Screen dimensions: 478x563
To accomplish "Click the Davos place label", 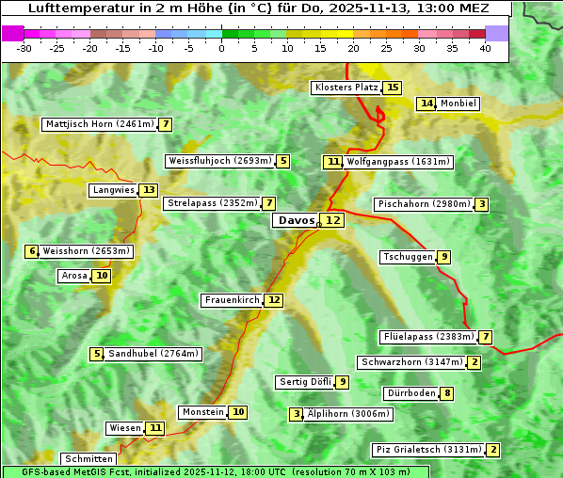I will tap(296, 220).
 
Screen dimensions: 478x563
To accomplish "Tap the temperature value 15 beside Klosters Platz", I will tap(393, 88).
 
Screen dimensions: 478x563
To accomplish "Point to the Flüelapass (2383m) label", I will tap(426, 337).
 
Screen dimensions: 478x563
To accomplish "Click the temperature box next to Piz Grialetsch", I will tap(493, 450).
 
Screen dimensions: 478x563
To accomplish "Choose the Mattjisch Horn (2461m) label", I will tap(99, 124).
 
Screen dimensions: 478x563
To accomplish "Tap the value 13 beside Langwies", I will tap(150, 190).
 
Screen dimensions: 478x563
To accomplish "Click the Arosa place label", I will tap(73, 276).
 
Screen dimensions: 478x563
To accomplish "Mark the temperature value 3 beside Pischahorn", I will tap(482, 204).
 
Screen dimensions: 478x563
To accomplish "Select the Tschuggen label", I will tap(408, 257).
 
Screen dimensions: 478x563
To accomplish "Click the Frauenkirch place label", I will tap(231, 300).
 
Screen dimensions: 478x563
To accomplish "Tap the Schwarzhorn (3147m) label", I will tap(411, 362).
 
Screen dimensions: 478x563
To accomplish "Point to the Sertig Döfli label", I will tap(305, 382).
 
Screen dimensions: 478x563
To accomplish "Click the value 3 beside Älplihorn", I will tap(297, 414).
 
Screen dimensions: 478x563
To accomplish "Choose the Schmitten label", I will tap(90, 459).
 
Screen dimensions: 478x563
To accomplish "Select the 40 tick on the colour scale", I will tap(485, 49).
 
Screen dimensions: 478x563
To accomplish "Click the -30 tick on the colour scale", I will tap(24, 49).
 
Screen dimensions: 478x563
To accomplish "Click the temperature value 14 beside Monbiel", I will tap(427, 104).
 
